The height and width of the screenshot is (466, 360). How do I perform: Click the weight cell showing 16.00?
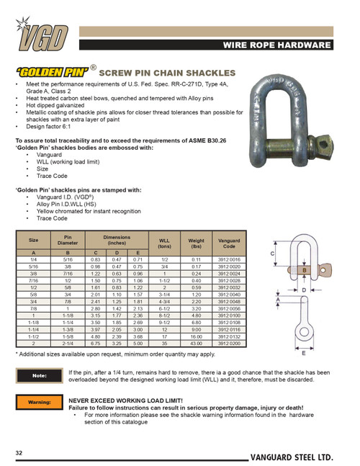pyautogui.click(x=196, y=336)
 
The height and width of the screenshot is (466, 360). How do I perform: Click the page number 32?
pyautogui.click(x=19, y=451)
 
